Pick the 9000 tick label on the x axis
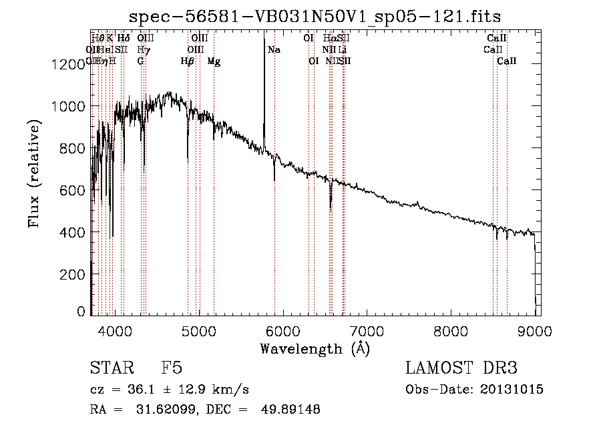(x=535, y=330)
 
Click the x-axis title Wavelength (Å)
(x=315, y=348)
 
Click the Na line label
(x=274, y=50)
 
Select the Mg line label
(x=214, y=61)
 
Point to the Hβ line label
(x=188, y=61)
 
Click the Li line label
(x=342, y=50)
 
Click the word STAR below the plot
(x=110, y=368)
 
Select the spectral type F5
(x=172, y=368)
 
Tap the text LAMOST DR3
(x=461, y=368)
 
